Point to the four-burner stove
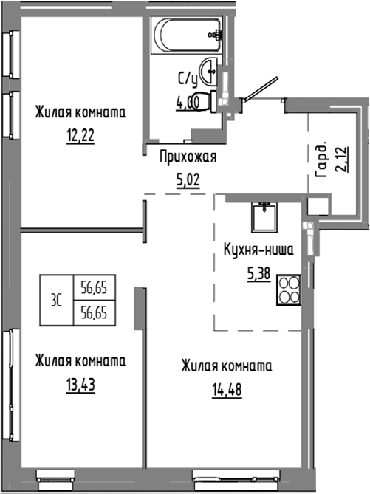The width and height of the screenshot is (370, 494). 289,290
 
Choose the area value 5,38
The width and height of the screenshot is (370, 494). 258,272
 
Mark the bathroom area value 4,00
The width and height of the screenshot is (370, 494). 187,102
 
